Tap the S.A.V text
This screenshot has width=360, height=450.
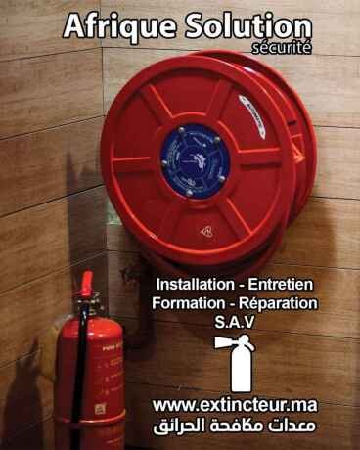coord(235,323)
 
